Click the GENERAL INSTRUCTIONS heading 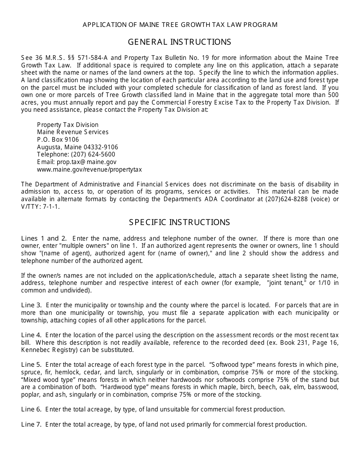180,42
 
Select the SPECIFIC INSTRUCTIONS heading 180,222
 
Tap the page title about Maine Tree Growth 180,25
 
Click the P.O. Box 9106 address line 58,139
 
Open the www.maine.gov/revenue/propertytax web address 89,169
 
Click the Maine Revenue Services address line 73,132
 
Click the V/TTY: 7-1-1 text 41,207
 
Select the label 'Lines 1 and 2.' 44,238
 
